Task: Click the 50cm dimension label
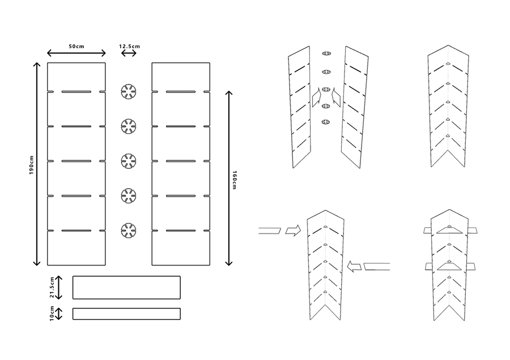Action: (x=76, y=45)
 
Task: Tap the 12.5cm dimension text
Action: (x=129, y=45)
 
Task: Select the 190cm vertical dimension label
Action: (x=32, y=165)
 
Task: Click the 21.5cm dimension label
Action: (x=52, y=287)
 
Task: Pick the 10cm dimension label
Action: (x=52, y=314)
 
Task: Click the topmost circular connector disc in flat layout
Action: (x=129, y=91)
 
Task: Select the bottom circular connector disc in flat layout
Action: (x=129, y=231)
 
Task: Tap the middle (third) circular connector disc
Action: (x=129, y=162)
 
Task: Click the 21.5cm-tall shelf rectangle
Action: (x=126, y=287)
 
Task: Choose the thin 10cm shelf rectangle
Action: (x=126, y=314)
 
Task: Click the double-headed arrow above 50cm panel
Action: (x=76, y=53)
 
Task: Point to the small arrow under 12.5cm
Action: (x=129, y=53)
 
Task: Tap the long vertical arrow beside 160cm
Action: (x=229, y=178)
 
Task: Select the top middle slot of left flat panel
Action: (x=76, y=91)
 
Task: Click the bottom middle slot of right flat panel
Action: (x=180, y=231)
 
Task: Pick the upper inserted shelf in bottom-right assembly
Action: (x=448, y=230)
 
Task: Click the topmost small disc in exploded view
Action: (x=326, y=53)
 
